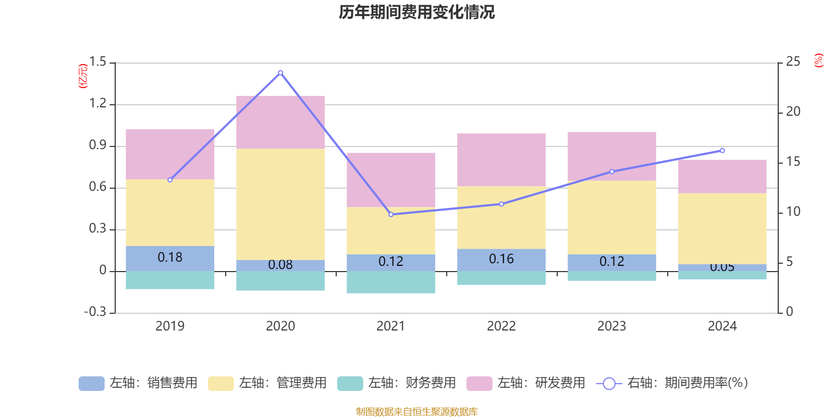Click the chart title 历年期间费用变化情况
click(416, 12)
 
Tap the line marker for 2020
click(280, 73)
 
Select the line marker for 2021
click(391, 214)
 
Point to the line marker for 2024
click(722, 151)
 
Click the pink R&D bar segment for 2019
click(170, 154)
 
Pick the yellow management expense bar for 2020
click(280, 204)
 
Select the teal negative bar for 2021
click(391, 282)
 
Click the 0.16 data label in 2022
click(501, 259)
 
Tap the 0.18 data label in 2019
click(170, 257)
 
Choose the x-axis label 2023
click(611, 326)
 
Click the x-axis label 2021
click(391, 326)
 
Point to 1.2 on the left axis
click(97, 104)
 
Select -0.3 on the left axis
click(95, 312)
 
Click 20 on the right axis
click(793, 112)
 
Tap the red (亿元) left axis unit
click(82, 76)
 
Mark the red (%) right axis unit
click(819, 60)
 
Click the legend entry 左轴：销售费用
click(138, 383)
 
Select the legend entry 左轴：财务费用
click(397, 383)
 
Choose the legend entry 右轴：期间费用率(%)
click(672, 383)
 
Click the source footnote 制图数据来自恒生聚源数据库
click(416, 412)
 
